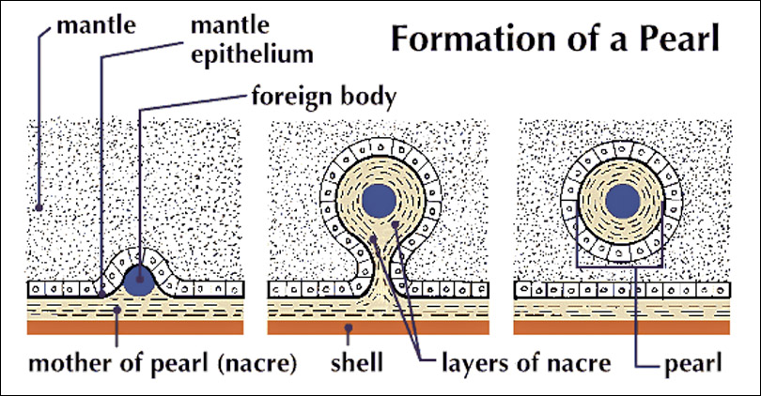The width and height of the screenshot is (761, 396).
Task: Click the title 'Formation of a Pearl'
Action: (x=554, y=40)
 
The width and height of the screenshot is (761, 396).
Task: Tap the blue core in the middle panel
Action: (x=379, y=199)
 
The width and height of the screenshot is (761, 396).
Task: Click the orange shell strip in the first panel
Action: (x=136, y=328)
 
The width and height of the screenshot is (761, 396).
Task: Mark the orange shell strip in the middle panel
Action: (x=378, y=328)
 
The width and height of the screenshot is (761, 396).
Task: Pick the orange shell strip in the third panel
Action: (x=623, y=328)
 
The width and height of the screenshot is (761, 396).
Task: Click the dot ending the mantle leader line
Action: (x=39, y=206)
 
